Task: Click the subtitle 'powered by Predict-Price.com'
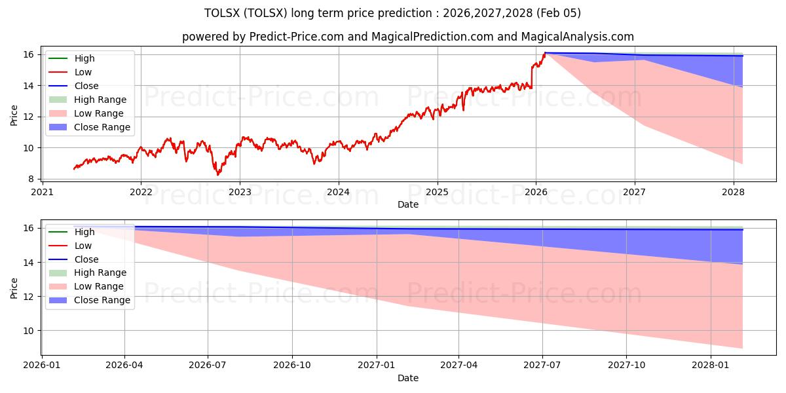click(x=407, y=37)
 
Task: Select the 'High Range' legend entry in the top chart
click(x=100, y=100)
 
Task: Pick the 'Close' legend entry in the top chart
click(x=86, y=86)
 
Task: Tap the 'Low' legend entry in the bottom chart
click(x=83, y=246)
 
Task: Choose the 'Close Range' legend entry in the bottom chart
click(x=102, y=300)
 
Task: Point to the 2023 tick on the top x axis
click(x=240, y=192)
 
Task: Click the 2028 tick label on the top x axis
click(x=733, y=192)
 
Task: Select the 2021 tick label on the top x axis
click(x=42, y=192)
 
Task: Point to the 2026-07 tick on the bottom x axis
click(x=208, y=365)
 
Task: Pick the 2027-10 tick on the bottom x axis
click(x=627, y=365)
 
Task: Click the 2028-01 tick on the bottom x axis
click(x=711, y=365)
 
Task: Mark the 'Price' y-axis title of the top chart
click(x=14, y=116)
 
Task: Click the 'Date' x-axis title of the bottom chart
click(x=407, y=378)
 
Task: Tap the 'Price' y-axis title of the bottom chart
click(x=14, y=288)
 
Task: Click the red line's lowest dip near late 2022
click(x=218, y=174)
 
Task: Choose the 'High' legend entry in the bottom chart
click(x=84, y=232)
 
